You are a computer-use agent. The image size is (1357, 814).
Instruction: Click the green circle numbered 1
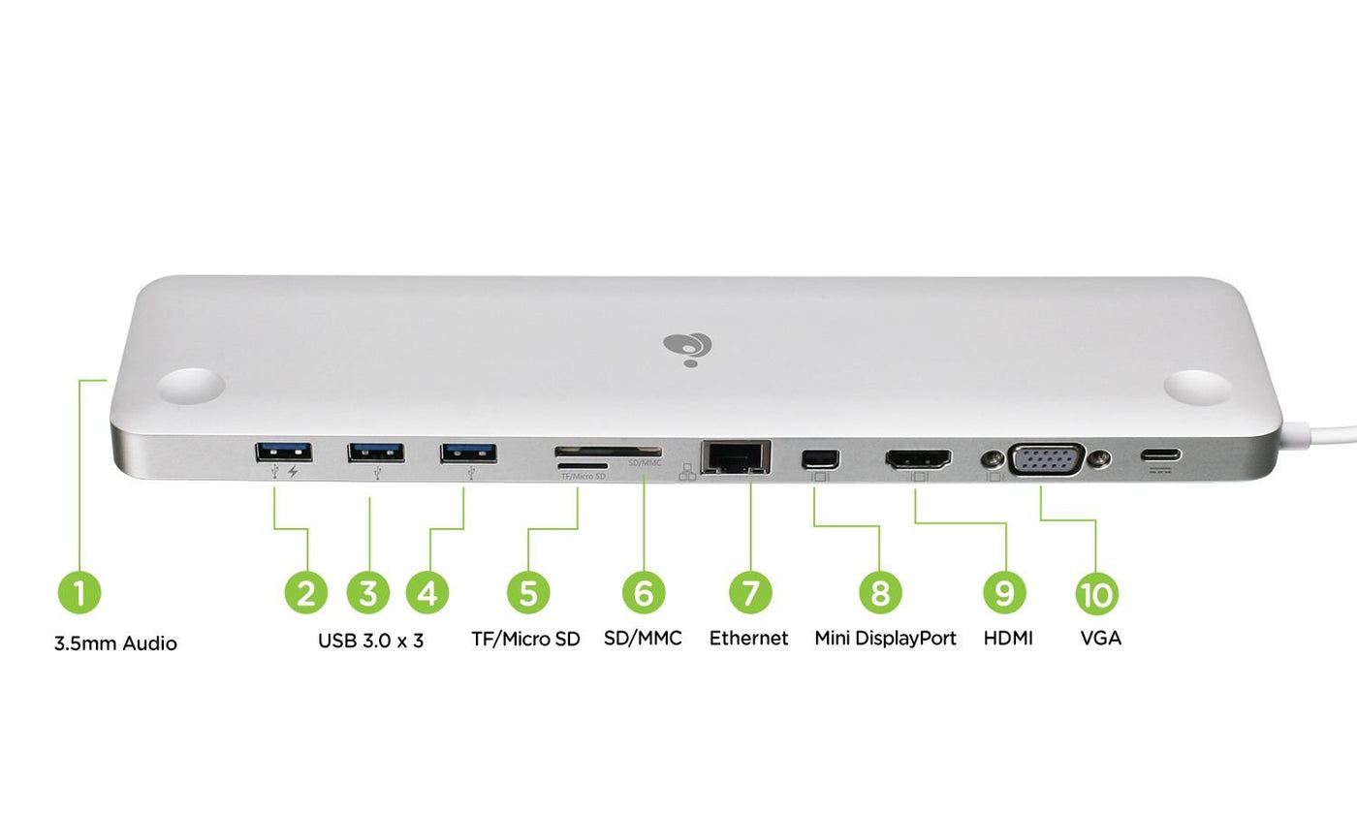pos(79,591)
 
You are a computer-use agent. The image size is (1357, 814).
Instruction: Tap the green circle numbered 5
pos(527,591)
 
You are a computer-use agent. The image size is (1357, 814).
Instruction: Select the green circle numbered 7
pos(750,591)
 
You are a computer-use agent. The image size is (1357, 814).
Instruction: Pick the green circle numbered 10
pos(1096,593)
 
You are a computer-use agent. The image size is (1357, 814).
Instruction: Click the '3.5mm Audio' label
pos(115,642)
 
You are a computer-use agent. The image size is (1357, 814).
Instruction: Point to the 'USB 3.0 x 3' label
pos(370,640)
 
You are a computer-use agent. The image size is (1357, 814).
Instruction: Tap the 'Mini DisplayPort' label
pos(885,638)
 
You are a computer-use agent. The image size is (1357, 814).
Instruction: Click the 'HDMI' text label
pos(1008,638)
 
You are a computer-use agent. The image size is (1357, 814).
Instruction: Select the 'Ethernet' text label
pos(748,638)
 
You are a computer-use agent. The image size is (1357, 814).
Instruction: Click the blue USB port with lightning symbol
pos(283,451)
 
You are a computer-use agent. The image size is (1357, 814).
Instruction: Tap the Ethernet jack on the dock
pos(736,455)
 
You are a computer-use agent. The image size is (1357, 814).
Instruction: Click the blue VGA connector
pos(1047,458)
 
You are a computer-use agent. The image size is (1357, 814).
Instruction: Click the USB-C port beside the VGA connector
pos(1160,454)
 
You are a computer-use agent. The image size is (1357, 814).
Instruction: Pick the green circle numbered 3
pos(367,591)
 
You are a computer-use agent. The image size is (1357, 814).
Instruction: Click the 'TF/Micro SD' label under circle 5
pos(525,638)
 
